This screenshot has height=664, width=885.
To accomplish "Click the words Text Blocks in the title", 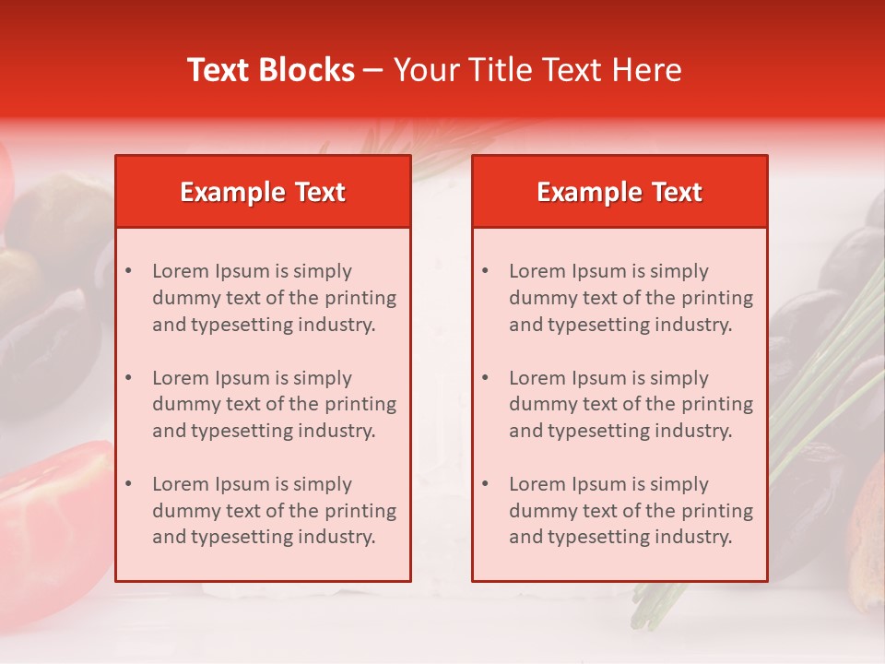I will coord(271,70).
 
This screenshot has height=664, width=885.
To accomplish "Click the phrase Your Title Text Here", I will coord(537,70).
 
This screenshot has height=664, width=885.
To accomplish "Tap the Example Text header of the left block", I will coord(263,192).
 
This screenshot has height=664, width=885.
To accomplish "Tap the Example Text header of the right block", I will coord(619,192).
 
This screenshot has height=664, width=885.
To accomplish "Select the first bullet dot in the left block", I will coord(128,271).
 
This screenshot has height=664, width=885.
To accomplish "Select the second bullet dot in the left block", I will coord(128,378).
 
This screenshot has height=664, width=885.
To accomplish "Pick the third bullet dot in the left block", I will coord(128,484).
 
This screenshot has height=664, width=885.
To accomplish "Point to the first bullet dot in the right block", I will coord(485,271).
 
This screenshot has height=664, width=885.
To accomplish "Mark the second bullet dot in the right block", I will coord(485,378).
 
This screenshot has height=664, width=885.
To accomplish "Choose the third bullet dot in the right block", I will coord(485,484).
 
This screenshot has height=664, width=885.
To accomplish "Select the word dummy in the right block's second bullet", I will coord(538,404).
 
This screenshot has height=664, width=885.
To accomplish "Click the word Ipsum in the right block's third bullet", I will coord(599,484).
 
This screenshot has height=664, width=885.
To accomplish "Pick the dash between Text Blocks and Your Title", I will coord(373,70).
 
